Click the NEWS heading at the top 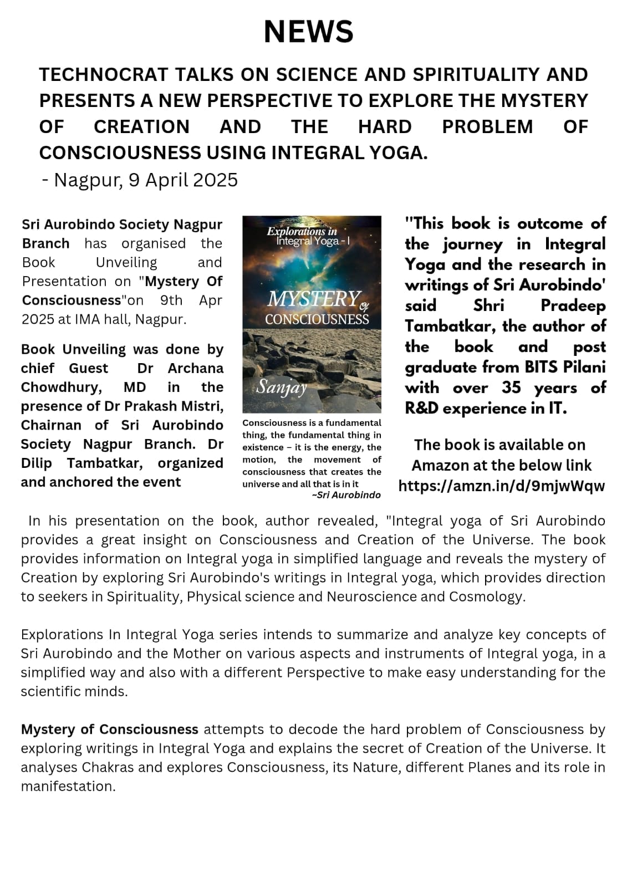[x=308, y=31]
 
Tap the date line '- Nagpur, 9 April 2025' [x=140, y=180]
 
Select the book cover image [x=312, y=314]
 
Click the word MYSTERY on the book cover [x=314, y=300]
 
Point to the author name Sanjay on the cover [x=281, y=388]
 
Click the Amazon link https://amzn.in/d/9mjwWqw [x=502, y=486]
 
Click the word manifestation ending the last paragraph [x=68, y=786]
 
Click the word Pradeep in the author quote [x=573, y=305]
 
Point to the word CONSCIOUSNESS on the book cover [x=317, y=319]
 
